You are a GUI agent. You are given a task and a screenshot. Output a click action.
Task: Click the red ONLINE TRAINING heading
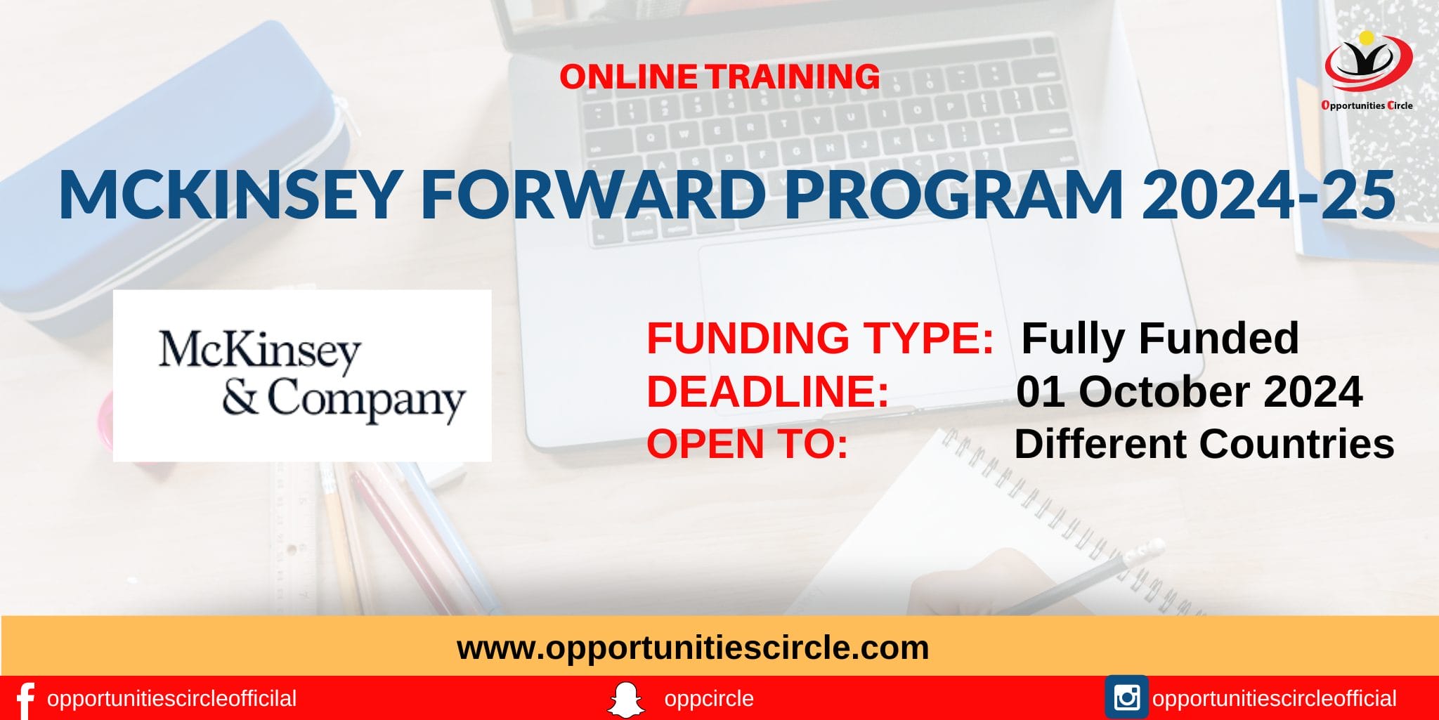(x=719, y=77)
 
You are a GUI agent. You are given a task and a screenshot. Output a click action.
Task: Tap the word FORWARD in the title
(x=594, y=195)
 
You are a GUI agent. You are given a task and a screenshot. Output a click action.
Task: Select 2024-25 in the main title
(x=1268, y=195)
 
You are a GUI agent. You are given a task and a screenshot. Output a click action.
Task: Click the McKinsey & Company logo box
(x=302, y=376)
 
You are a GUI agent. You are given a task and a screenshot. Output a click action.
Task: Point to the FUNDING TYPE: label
(x=819, y=338)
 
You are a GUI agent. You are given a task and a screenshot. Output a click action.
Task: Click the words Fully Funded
(x=1159, y=338)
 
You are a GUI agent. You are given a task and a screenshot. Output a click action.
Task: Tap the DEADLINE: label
(x=767, y=391)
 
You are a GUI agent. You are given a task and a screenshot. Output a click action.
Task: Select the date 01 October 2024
(x=1189, y=391)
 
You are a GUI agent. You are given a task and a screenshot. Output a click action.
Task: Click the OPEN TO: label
(x=747, y=444)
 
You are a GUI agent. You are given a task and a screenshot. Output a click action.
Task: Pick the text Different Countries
(x=1204, y=444)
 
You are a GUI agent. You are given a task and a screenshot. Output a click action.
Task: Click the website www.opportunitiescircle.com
(x=692, y=647)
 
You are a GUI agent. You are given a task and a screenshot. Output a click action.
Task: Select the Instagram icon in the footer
(x=1126, y=698)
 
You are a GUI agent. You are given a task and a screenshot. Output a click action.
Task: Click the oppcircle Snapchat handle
(x=708, y=699)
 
